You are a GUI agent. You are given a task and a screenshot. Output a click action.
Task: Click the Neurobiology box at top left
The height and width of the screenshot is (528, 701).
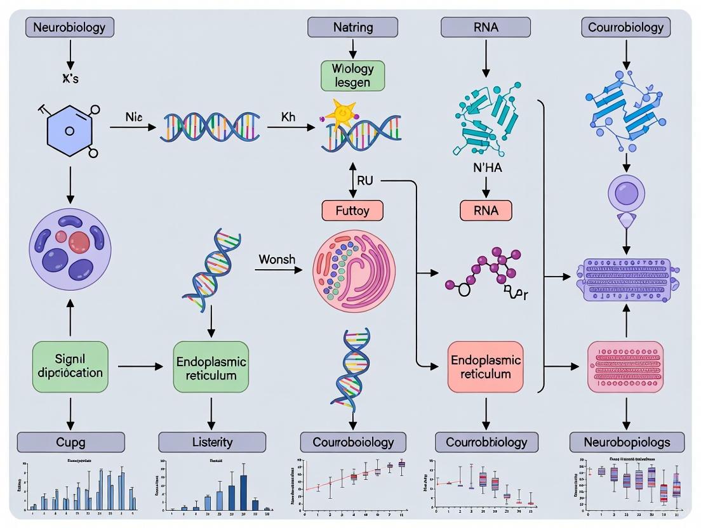coord(69,27)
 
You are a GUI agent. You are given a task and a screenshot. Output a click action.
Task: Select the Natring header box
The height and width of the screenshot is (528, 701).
coord(352,27)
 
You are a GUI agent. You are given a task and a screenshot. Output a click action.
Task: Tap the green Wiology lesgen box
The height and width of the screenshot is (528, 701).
coord(352,75)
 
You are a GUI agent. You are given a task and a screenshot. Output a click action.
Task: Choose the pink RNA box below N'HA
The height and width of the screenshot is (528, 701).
coord(486,209)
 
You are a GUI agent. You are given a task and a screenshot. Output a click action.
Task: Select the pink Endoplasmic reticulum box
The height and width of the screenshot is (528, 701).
coord(486,366)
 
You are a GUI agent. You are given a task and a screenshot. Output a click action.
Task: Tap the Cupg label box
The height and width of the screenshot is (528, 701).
coord(70,442)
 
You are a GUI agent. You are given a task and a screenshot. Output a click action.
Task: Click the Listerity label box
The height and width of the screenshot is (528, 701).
coord(212,442)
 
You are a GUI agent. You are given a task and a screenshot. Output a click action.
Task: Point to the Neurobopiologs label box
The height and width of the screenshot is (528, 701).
coord(627,442)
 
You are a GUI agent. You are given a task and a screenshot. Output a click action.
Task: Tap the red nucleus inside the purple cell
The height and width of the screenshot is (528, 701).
coord(79,242)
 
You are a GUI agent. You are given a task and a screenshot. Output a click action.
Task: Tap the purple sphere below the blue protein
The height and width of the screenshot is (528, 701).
coord(626,192)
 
